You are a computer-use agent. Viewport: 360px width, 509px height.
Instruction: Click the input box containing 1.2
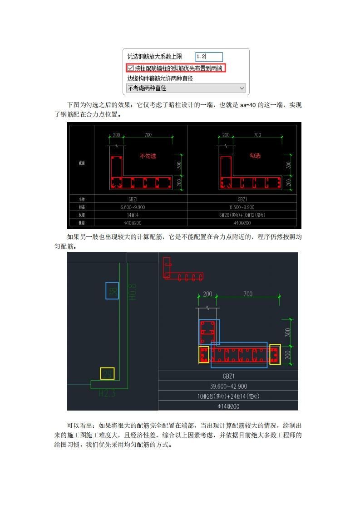[209, 57]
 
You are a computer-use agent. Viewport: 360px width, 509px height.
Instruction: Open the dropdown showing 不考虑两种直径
[186, 88]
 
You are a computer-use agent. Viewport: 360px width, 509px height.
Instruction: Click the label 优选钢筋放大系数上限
[155, 57]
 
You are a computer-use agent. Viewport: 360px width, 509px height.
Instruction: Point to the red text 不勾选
[148, 156]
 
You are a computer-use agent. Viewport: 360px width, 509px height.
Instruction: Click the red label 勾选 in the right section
[255, 156]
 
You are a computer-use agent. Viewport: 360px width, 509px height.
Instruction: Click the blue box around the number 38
[112, 290]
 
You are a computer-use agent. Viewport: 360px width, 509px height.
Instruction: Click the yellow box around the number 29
[107, 374]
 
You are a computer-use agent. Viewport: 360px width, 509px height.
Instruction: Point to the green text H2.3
[107, 393]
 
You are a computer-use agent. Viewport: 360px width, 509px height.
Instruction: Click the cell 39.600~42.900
[228, 386]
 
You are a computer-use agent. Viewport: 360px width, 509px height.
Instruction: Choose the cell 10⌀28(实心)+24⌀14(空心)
[228, 396]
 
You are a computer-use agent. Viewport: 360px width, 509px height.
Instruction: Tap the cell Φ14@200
[228, 406]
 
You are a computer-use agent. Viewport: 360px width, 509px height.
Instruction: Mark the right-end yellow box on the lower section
[275, 354]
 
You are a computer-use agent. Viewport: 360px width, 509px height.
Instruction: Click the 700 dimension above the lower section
[248, 294]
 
